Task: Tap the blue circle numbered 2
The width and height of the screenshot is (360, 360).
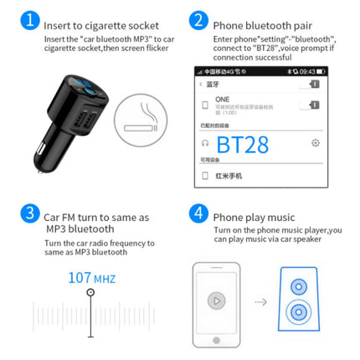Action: tap(198, 21)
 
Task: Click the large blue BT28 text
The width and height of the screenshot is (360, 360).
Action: tap(242, 144)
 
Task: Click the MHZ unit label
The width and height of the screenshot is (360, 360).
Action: tap(105, 278)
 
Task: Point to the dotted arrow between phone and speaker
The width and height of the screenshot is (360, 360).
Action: tap(262, 302)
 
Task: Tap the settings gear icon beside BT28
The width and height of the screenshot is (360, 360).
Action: tap(315, 143)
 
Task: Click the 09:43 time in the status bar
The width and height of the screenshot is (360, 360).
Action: tap(309, 70)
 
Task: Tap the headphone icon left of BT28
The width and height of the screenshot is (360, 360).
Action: tap(205, 143)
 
